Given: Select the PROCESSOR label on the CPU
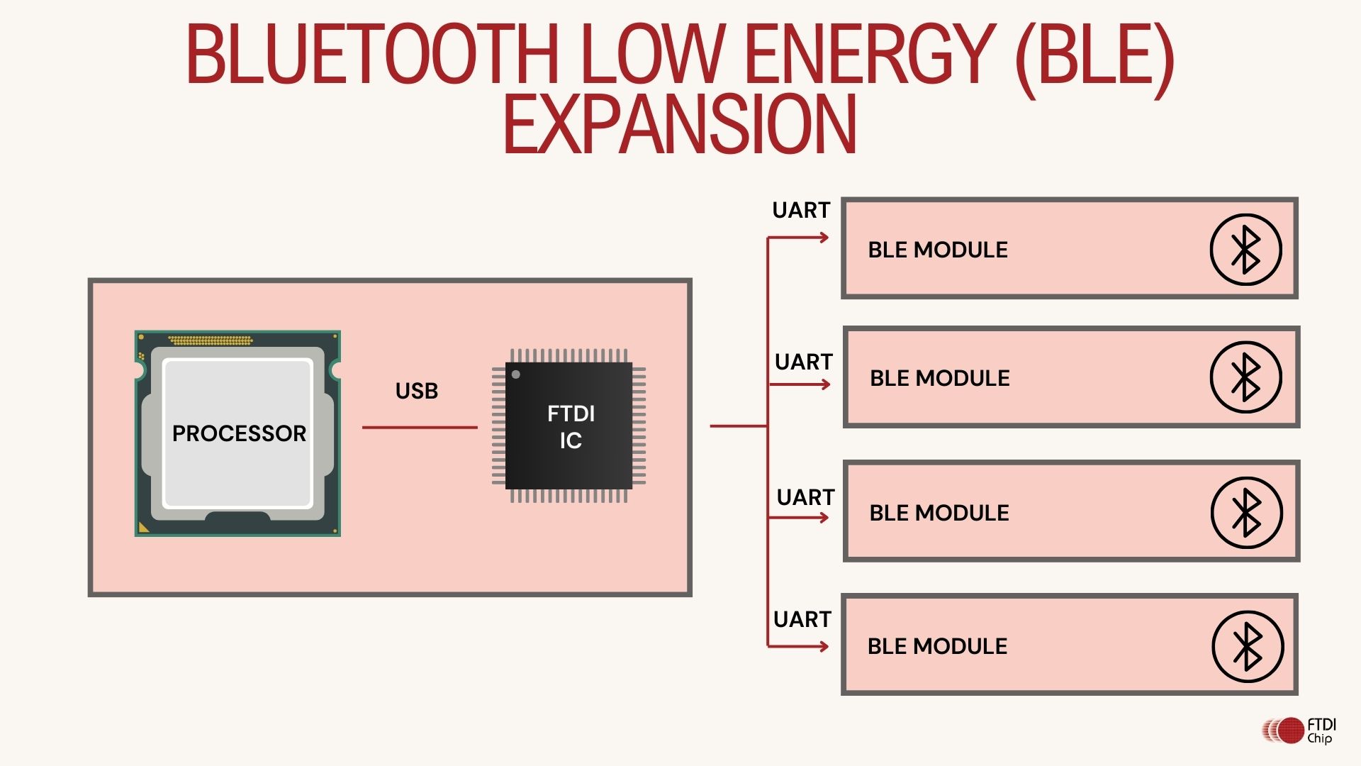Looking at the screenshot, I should [x=239, y=433].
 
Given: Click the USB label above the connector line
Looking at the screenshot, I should [x=417, y=391].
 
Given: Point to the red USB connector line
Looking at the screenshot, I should [x=420, y=428].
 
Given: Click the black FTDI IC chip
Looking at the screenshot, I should [x=569, y=426].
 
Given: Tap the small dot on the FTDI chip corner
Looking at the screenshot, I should [x=516, y=374].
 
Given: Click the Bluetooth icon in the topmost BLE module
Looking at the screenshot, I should [x=1245, y=250].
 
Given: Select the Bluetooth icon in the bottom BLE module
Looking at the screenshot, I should [x=1248, y=646].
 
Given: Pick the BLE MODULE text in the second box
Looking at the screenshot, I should [x=939, y=378].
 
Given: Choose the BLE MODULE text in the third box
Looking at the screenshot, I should [x=939, y=513].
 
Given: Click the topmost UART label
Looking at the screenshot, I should [x=801, y=211].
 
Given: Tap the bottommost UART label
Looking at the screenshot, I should [x=802, y=619].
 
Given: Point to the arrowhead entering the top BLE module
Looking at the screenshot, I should [x=824, y=238].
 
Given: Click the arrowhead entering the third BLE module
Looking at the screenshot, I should [x=824, y=518].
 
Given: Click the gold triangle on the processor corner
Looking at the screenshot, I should [x=144, y=527].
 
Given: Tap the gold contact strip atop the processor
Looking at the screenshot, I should [x=211, y=340].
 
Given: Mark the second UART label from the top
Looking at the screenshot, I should [x=803, y=362].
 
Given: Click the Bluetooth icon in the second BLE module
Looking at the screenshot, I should [x=1245, y=377].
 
